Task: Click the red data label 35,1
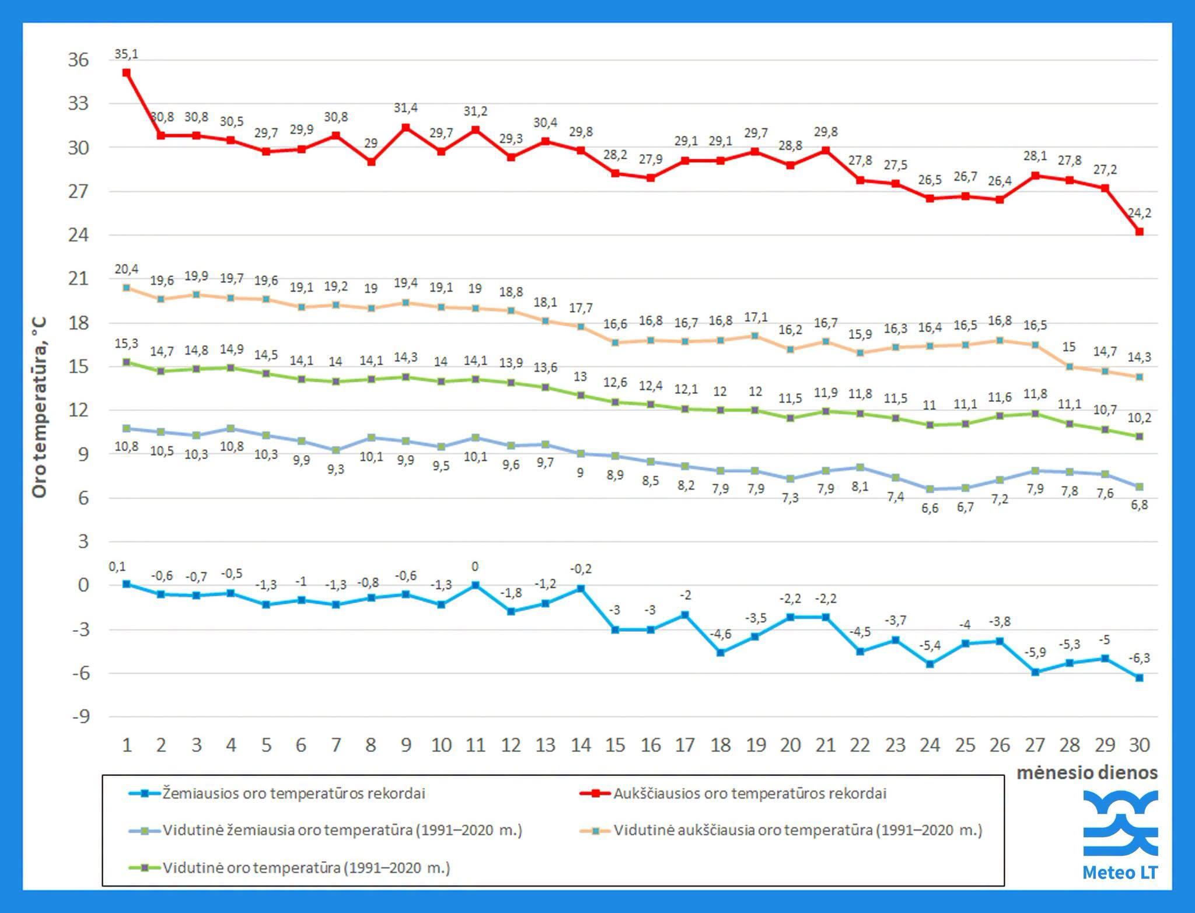coord(126,54)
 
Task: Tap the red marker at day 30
coord(1139,232)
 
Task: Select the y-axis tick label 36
coord(78,60)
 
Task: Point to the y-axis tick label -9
coord(81,716)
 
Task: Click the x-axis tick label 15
coord(615,745)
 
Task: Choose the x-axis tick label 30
coord(1139,745)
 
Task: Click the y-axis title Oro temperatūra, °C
coord(39,407)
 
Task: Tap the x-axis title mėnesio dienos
coord(1087,772)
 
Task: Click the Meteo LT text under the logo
coord(1120,872)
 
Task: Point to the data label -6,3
coord(1139,658)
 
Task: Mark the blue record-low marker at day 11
coord(475,585)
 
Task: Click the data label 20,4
coord(126,269)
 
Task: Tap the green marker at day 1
coord(126,362)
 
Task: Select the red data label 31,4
coord(406,108)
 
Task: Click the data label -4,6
coord(720,634)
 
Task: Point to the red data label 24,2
coord(1139,213)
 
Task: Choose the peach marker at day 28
coord(1069,366)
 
